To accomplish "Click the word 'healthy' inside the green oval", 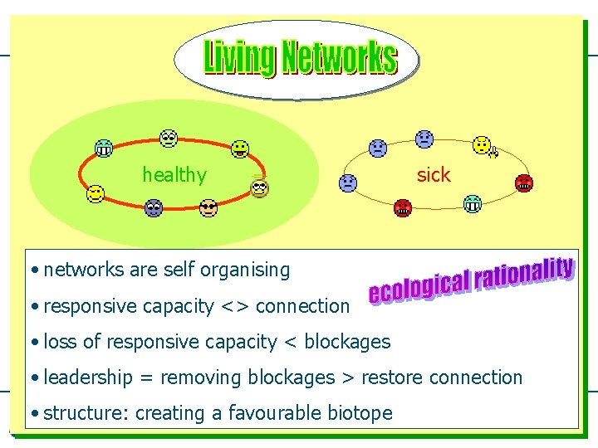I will [x=174, y=175].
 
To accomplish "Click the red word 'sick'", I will [x=433, y=174].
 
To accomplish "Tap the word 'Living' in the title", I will [x=239, y=58].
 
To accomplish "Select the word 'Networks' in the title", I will [x=338, y=58].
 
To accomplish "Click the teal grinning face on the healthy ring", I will [x=104, y=149].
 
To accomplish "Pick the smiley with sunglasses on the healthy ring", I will [x=208, y=208].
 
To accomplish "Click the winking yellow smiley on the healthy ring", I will [x=96, y=194].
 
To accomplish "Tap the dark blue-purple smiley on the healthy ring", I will [x=153, y=208].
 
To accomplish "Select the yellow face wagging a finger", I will [x=483, y=146].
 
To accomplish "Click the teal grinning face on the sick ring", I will [x=473, y=202].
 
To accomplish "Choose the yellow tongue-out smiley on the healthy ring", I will [x=240, y=149].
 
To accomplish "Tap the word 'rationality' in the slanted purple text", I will [x=524, y=273].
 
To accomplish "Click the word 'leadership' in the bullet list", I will [x=88, y=377].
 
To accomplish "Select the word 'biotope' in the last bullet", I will [x=361, y=412].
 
